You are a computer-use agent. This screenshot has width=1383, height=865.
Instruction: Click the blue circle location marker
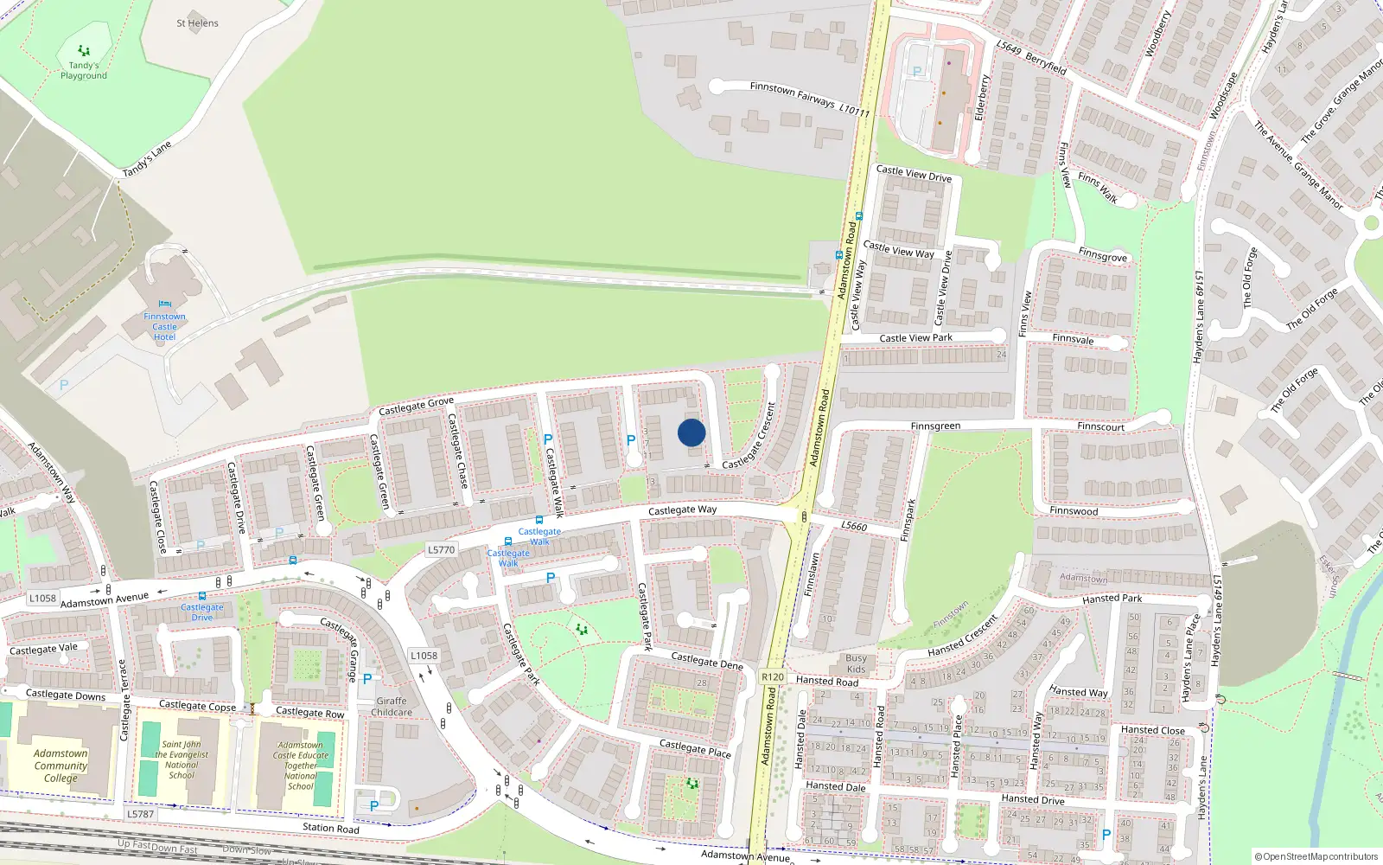click(x=691, y=432)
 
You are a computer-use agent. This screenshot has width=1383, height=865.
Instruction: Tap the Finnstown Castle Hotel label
click(x=164, y=327)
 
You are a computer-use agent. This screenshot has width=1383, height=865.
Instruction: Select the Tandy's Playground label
click(x=84, y=70)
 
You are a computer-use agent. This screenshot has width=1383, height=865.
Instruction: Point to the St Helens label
click(x=197, y=23)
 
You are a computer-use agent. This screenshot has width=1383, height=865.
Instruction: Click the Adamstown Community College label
click(x=61, y=766)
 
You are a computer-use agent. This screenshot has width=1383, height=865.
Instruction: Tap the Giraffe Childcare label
click(x=392, y=707)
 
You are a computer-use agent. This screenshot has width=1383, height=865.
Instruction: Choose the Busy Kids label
click(x=856, y=663)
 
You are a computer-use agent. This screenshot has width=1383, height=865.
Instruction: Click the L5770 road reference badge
click(x=441, y=549)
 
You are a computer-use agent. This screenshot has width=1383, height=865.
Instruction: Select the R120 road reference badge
click(x=772, y=677)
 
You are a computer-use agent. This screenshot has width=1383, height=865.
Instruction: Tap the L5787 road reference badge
click(x=140, y=814)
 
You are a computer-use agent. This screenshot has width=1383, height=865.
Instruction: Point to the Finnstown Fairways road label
click(x=793, y=93)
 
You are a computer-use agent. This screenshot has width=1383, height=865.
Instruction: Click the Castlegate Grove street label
click(x=416, y=406)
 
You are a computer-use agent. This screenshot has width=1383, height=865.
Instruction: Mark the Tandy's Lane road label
click(x=147, y=158)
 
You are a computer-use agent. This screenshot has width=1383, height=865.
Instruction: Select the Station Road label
click(x=330, y=828)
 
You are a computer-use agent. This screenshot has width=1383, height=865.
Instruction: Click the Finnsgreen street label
click(x=935, y=426)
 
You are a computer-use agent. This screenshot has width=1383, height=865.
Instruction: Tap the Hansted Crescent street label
click(x=962, y=636)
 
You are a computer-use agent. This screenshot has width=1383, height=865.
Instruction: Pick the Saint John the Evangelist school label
click(x=182, y=759)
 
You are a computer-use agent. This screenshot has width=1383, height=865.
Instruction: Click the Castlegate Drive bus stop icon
click(x=202, y=596)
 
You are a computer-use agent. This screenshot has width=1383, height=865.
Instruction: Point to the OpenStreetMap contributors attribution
click(x=1316, y=856)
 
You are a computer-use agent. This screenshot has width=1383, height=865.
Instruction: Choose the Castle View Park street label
click(x=915, y=338)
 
